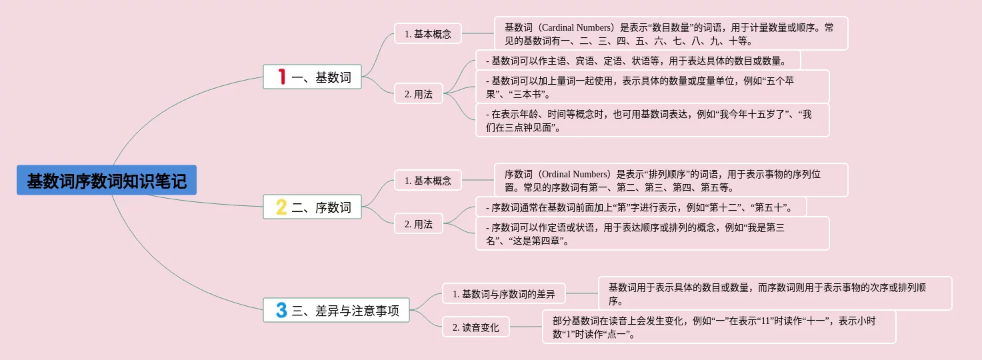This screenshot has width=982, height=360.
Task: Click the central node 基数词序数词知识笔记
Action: [107, 180]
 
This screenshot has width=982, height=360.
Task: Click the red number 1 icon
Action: [281, 77]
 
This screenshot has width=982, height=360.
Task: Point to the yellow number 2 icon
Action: [281, 207]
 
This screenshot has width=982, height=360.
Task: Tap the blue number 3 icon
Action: [281, 310]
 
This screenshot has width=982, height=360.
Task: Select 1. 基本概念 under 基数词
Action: [427, 33]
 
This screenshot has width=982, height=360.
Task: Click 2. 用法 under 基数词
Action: [418, 94]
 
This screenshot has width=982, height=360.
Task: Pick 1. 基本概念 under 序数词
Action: [427, 180]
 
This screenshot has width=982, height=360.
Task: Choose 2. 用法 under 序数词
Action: [418, 224]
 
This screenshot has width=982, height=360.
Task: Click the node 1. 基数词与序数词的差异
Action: [503, 293]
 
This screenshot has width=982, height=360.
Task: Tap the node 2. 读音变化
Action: [475, 327]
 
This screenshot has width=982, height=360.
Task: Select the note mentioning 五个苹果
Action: [652, 87]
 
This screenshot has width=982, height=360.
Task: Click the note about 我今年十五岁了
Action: [652, 120]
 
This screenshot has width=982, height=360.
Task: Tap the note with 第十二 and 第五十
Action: [641, 207]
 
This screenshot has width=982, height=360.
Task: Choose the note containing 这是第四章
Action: [652, 233]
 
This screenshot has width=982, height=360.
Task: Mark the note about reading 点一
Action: [719, 327]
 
